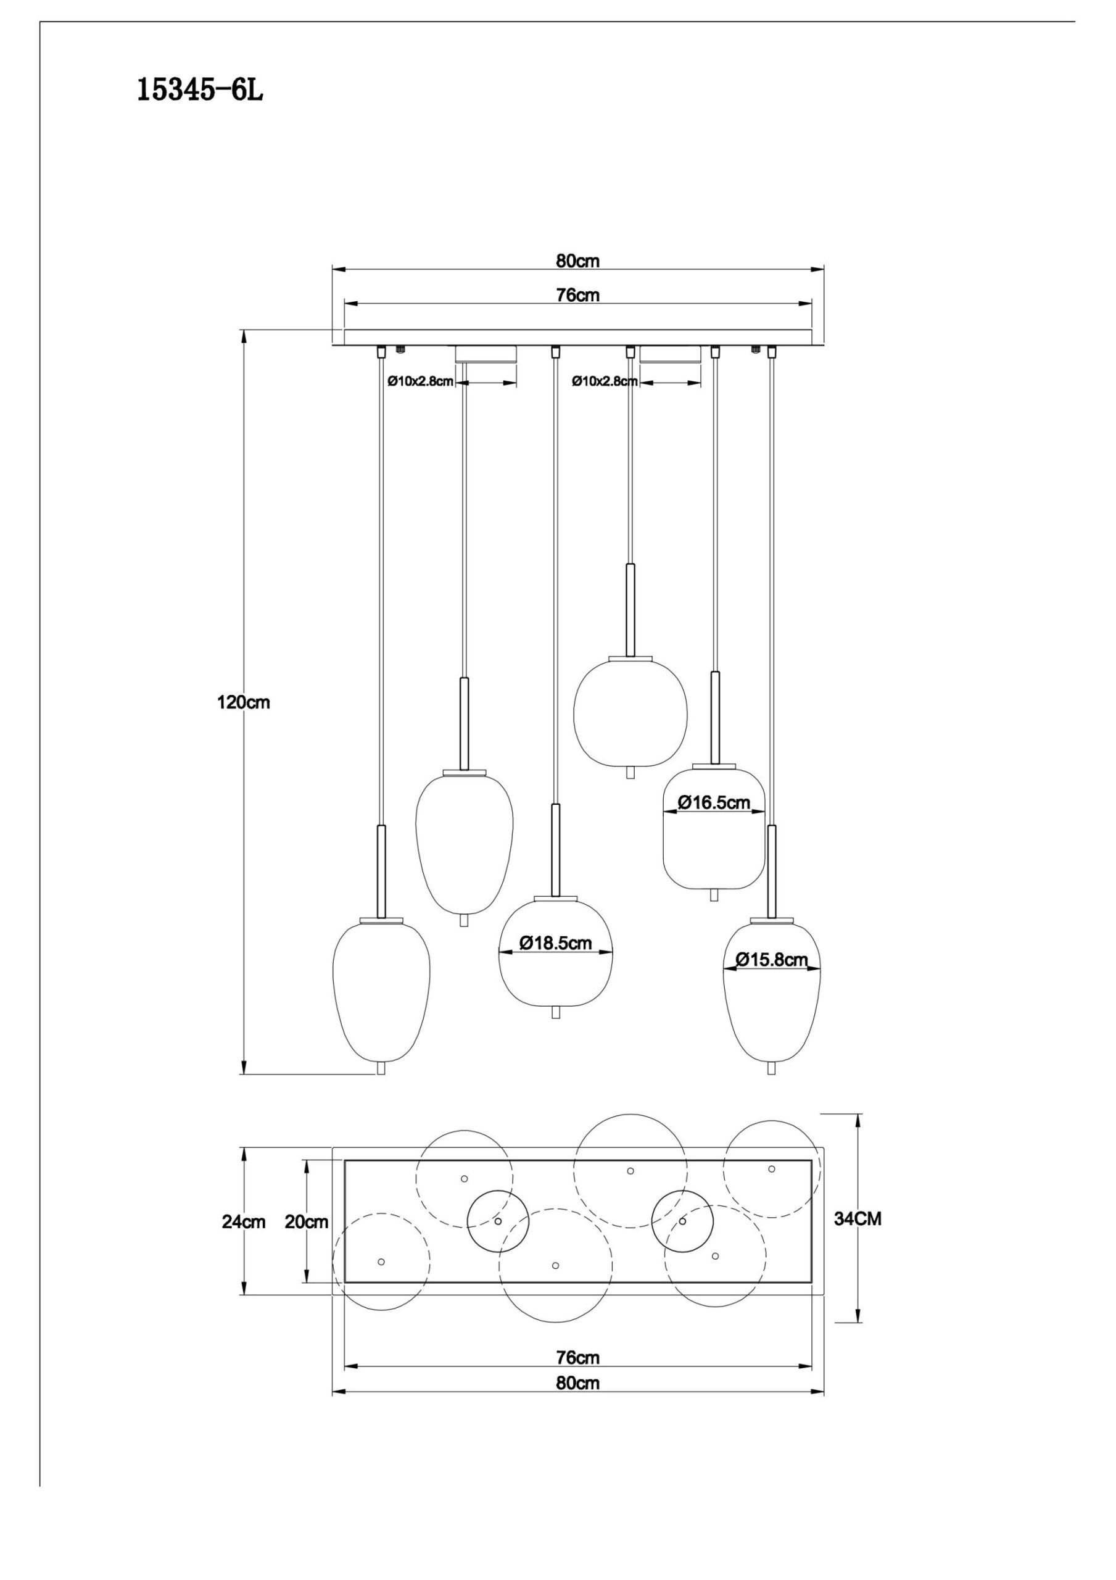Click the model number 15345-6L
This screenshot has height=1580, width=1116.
(x=200, y=90)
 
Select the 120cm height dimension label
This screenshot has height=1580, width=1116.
(x=244, y=702)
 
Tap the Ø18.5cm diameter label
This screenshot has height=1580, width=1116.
(x=555, y=944)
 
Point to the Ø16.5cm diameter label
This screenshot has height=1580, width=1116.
(x=714, y=802)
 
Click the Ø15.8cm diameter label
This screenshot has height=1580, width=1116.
(x=771, y=960)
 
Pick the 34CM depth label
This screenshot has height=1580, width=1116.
(x=858, y=1219)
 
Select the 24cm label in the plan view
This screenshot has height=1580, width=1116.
(x=243, y=1222)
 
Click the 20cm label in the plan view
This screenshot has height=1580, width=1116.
(x=306, y=1222)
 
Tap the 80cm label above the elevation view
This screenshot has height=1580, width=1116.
(x=577, y=261)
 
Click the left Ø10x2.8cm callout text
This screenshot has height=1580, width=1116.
(x=420, y=381)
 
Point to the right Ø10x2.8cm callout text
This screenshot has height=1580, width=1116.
(x=605, y=381)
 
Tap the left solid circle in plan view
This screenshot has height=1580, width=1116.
(x=498, y=1221)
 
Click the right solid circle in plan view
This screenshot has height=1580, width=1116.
(x=682, y=1221)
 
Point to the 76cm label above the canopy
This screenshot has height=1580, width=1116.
(x=577, y=295)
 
